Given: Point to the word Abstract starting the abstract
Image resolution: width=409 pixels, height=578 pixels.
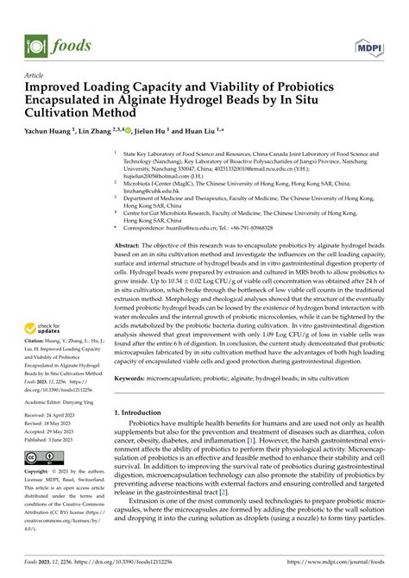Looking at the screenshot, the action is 129,246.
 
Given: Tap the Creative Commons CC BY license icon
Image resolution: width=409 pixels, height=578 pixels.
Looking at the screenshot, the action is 42,456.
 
